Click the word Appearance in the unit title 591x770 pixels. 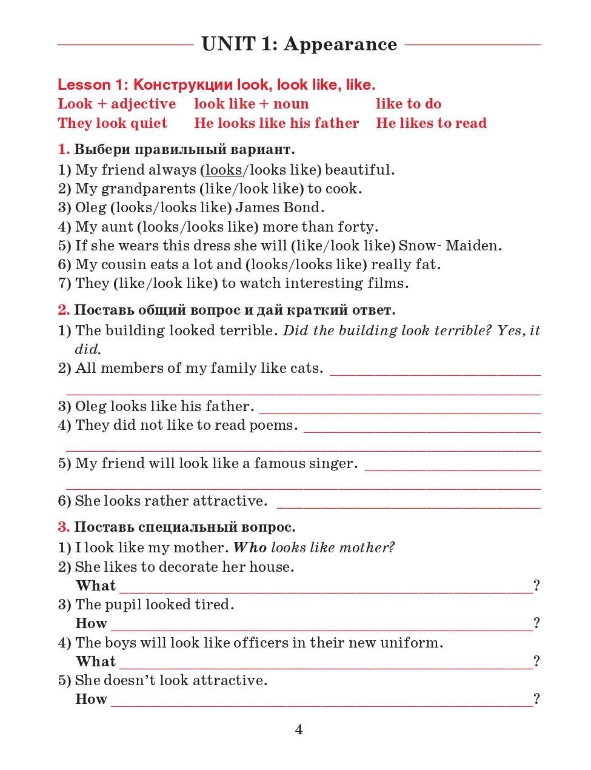click(x=340, y=44)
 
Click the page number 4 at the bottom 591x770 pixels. click(x=299, y=729)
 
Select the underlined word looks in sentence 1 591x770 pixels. click(x=223, y=170)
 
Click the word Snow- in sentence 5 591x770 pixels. click(x=419, y=246)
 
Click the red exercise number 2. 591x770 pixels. click(x=64, y=310)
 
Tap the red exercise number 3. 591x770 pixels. click(x=64, y=527)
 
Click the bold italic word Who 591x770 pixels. click(x=250, y=547)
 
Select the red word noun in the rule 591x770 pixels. click(x=291, y=104)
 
